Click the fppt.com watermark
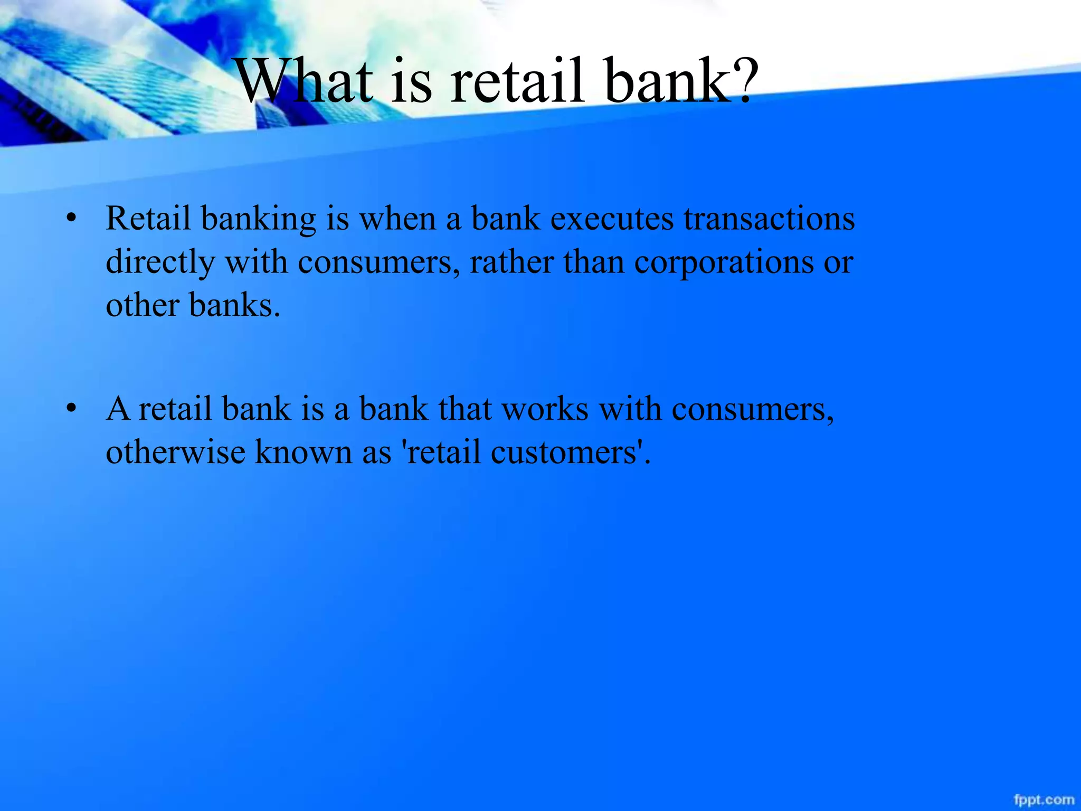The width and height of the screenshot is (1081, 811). coord(1044,800)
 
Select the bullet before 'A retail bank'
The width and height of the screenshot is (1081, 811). coord(72,409)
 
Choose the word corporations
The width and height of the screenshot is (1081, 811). coord(724,262)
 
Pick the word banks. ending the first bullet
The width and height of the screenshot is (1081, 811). coord(234,306)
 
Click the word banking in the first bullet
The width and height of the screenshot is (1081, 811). coord(258,220)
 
